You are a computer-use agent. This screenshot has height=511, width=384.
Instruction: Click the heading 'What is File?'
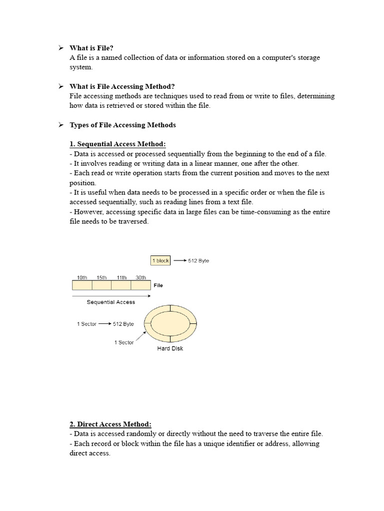(x=91, y=48)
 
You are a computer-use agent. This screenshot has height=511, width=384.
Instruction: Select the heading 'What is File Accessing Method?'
(x=122, y=86)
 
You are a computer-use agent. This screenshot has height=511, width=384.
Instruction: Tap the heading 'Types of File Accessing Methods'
(x=122, y=125)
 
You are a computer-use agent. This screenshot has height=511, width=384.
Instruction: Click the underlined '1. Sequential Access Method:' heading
(x=117, y=144)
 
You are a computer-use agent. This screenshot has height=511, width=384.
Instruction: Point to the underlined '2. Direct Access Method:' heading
(x=110, y=424)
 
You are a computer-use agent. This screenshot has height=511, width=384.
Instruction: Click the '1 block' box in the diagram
(x=160, y=260)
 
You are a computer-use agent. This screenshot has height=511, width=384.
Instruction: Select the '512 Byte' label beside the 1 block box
(x=198, y=261)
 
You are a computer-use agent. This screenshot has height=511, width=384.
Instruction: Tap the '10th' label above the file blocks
(x=81, y=277)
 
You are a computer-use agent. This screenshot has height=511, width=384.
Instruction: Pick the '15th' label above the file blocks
(x=101, y=277)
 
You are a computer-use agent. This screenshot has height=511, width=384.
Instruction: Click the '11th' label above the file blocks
(x=121, y=277)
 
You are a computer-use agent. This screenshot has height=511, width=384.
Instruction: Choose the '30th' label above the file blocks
(x=140, y=277)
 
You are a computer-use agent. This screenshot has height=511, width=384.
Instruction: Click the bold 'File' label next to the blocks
(x=158, y=285)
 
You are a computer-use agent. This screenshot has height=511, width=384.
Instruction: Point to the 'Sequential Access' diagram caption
(x=110, y=302)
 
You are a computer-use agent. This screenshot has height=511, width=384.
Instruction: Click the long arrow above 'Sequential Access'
(x=110, y=295)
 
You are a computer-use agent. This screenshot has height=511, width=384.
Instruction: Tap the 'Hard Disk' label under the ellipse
(x=170, y=348)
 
